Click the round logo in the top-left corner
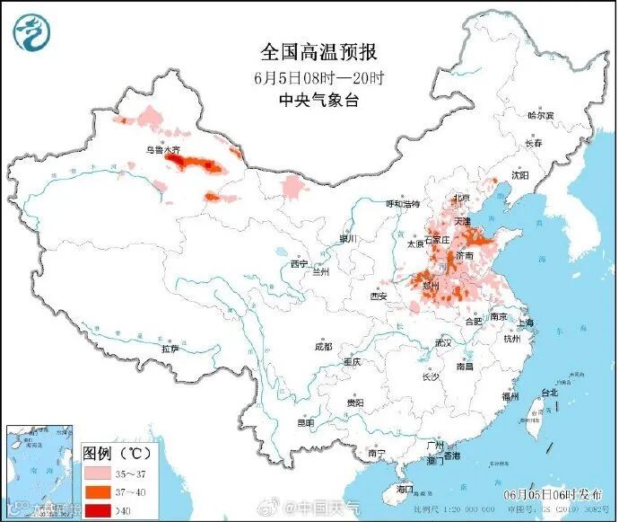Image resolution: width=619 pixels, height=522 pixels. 30,31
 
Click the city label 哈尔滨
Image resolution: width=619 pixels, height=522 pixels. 540,116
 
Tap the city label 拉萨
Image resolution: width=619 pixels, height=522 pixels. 170,348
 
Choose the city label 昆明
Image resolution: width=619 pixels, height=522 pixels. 306,422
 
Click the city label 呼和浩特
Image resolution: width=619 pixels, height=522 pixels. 402,204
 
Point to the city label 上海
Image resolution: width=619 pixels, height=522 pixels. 525,323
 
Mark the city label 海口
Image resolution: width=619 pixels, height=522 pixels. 405,490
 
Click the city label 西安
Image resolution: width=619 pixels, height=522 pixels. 378,296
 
